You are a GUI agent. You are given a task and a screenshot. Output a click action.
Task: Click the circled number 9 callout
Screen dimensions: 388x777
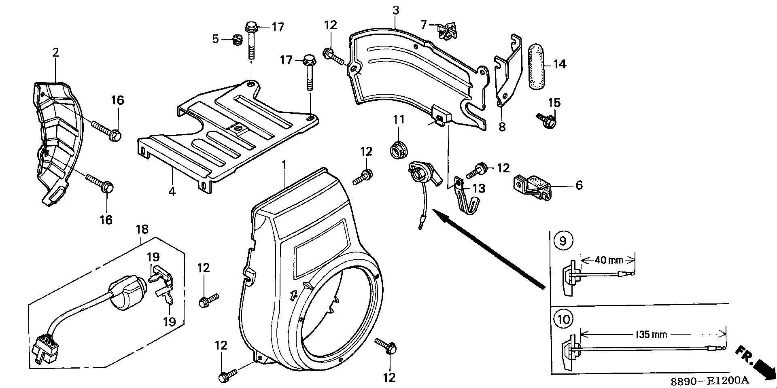(x=562, y=241)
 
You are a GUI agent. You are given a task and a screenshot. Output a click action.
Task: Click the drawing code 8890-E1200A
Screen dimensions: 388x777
(x=709, y=381)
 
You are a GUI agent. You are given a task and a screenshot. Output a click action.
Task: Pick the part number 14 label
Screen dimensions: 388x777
(x=560, y=64)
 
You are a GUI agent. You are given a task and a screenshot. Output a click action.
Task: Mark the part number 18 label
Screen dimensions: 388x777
(x=142, y=229)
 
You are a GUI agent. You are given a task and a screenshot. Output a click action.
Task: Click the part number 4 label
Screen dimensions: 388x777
(x=172, y=191)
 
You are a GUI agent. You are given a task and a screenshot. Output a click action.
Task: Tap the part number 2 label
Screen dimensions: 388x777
(x=55, y=52)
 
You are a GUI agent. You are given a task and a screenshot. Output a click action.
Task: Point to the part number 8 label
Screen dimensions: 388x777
(x=502, y=127)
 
